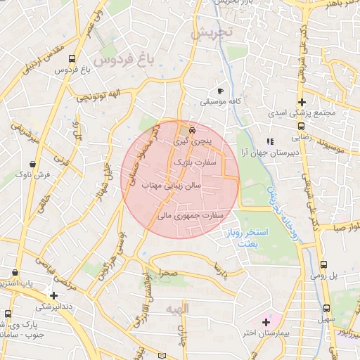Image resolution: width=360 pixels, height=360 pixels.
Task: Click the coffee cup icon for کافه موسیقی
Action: (220, 91)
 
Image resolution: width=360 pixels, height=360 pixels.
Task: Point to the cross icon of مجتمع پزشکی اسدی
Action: (302, 103)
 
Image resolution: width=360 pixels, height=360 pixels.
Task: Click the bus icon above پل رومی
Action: (323, 265)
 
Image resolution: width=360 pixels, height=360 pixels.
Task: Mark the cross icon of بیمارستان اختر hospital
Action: (265, 323)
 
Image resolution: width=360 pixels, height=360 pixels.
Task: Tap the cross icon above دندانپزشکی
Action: (53, 295)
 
